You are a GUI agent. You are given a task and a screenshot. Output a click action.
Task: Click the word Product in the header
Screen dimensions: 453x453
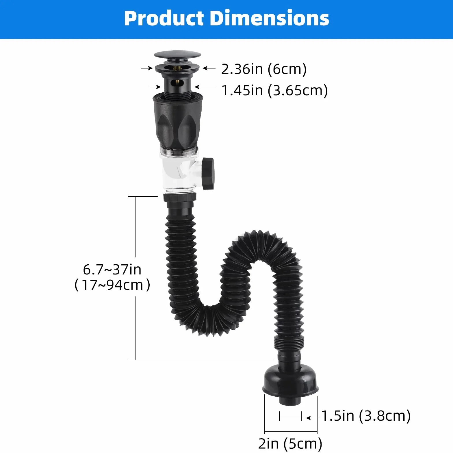click(164, 18)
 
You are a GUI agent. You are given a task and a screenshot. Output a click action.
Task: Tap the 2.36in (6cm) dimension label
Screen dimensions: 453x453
click(264, 69)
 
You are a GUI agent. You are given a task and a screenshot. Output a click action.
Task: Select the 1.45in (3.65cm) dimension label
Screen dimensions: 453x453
click(274, 90)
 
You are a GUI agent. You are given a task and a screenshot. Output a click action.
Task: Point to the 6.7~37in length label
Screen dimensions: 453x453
click(112, 270)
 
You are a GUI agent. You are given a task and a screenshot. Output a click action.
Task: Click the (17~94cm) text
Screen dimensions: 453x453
click(112, 285)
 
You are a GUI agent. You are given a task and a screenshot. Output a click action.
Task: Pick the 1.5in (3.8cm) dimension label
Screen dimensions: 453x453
click(366, 416)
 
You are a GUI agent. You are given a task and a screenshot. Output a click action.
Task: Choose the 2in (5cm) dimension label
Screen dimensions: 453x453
click(290, 443)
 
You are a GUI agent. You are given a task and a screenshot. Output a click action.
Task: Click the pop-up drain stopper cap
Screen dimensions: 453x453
click(177, 55)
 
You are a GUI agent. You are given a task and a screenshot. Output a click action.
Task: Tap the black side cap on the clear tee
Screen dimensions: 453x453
click(208, 173)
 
